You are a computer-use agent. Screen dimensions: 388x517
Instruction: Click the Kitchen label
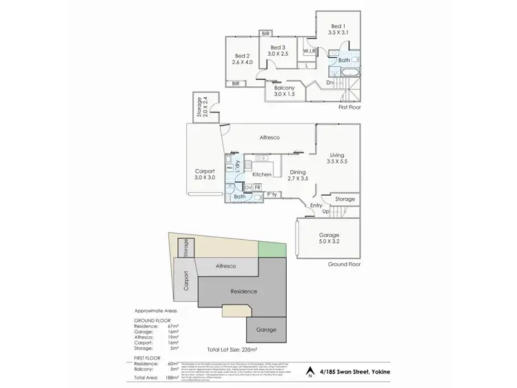pyautogui.click(x=261, y=174)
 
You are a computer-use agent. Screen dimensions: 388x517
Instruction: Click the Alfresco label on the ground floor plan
pyautogui.click(x=269, y=138)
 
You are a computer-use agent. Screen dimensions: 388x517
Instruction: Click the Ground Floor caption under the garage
pyautogui.click(x=345, y=264)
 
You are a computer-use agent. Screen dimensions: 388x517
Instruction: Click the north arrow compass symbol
pyautogui.click(x=310, y=373)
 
